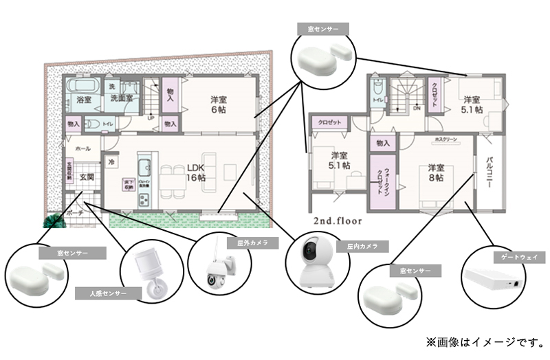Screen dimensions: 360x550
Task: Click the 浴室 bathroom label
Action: pos(84,100)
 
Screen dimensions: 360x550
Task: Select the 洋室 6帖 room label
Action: pos(219,104)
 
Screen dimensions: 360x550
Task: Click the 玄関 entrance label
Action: pos(85,177)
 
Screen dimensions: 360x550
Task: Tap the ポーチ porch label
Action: pos(75,214)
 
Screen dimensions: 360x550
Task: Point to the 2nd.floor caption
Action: pos(338,221)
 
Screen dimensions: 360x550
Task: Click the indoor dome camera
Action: pos(316,266)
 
